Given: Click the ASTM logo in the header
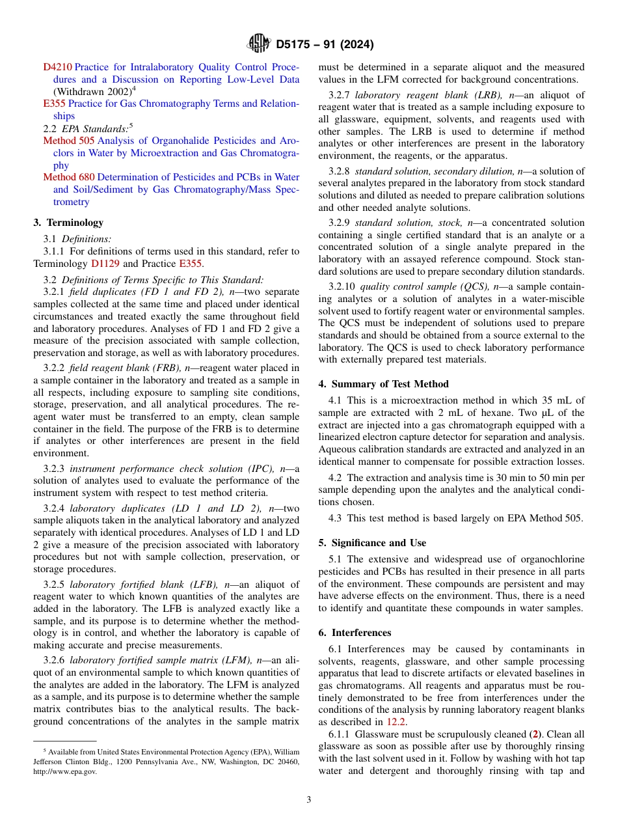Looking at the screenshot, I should click(259, 44).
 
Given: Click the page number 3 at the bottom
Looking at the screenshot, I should click(309, 799).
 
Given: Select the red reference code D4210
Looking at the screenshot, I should click(58, 67).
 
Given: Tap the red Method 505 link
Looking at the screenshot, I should click(69, 141).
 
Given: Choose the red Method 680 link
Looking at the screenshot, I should click(69, 177).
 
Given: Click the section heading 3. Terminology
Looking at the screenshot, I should click(68, 223).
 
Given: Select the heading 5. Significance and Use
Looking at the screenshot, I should click(372, 543).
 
